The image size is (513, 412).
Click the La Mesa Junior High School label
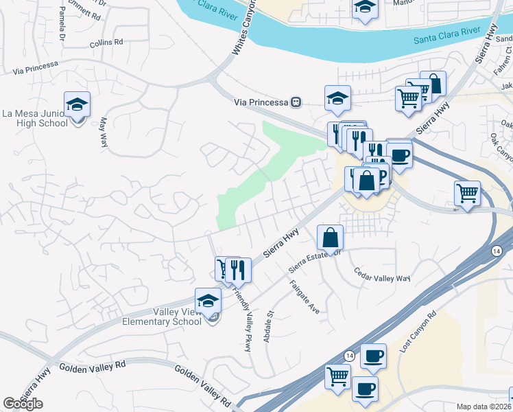(35, 118)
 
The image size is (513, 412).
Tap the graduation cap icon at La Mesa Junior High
(77, 105)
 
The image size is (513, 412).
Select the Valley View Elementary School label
(163, 317)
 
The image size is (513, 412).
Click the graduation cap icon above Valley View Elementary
(208, 301)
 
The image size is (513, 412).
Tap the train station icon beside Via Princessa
(296, 102)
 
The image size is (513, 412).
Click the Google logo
(23, 404)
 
